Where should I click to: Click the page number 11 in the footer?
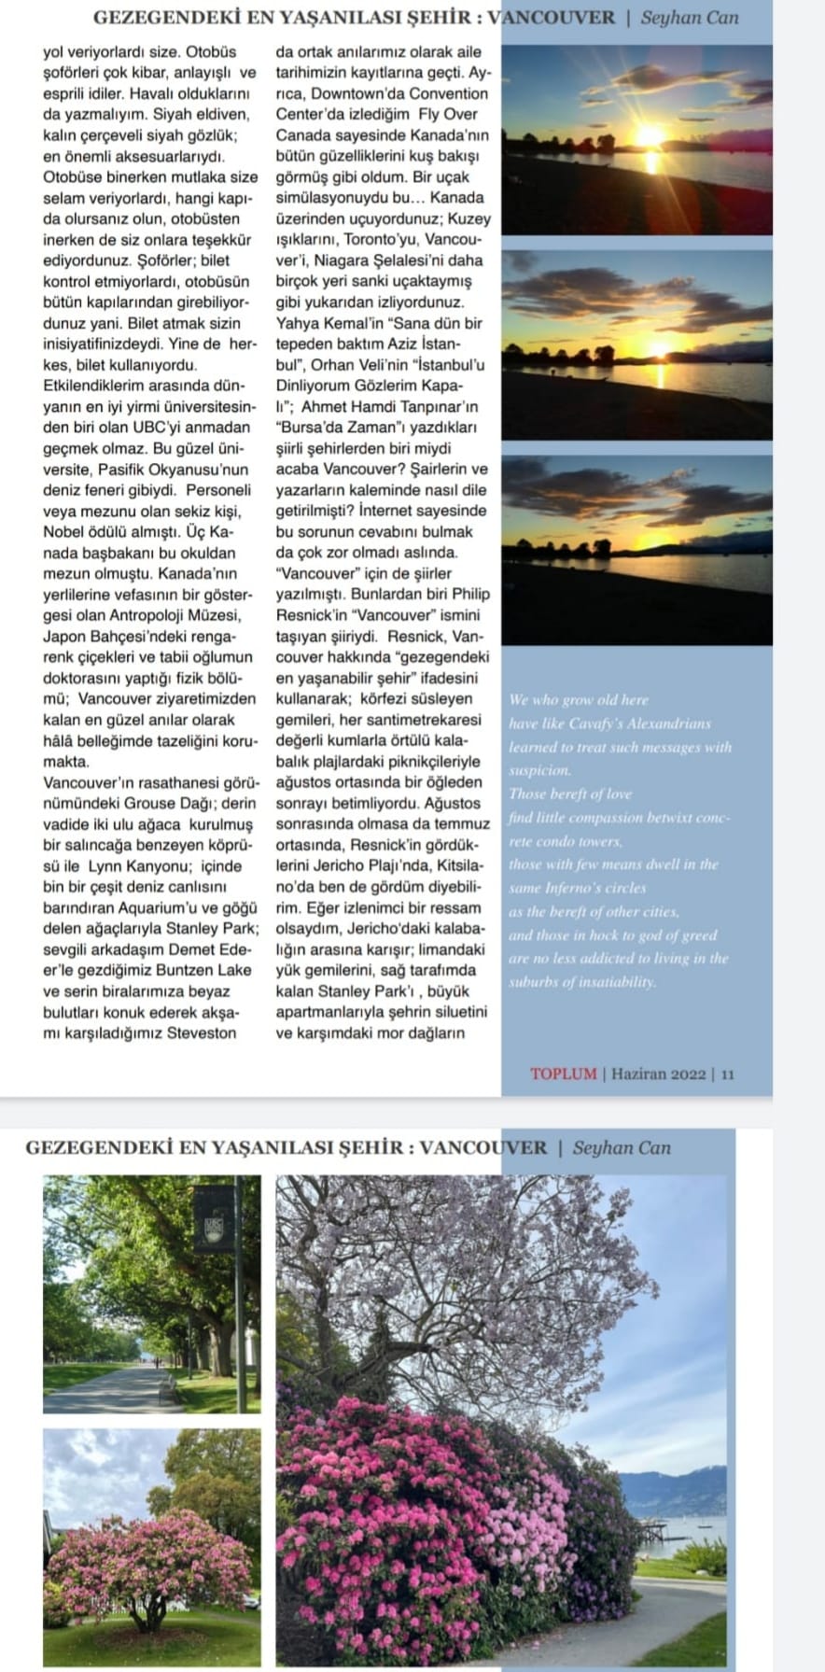pyautogui.click(x=728, y=1074)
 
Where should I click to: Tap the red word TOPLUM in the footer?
pyautogui.click(x=563, y=1074)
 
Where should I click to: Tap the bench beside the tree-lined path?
pyautogui.click(x=167, y=1390)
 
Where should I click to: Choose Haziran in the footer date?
pyautogui.click(x=638, y=1074)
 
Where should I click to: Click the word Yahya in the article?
pyautogui.click(x=298, y=324)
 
